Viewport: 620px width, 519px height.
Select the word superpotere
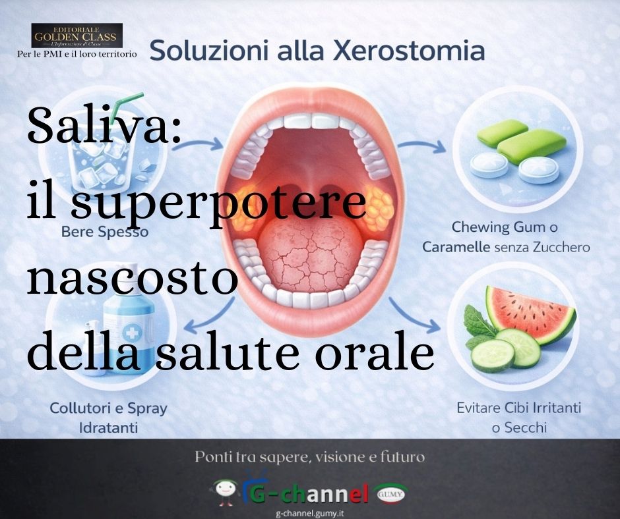(218, 205)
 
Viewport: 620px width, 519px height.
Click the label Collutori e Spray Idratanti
(109, 417)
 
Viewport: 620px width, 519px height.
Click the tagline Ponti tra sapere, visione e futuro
(309, 456)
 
